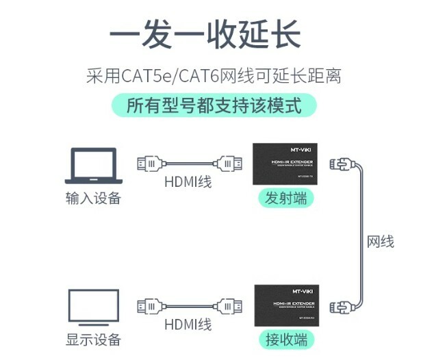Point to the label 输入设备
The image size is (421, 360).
click(93, 198)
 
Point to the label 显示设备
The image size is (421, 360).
click(93, 339)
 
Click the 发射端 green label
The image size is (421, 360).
click(285, 198)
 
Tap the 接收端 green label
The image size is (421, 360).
click(285, 339)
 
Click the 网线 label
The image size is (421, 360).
click(381, 242)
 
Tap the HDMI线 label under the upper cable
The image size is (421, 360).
click(188, 181)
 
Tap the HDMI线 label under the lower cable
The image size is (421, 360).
click(188, 322)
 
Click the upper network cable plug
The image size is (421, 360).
click(341, 164)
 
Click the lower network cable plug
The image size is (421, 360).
click(340, 305)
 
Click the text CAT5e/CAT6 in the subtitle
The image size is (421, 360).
click(181, 75)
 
